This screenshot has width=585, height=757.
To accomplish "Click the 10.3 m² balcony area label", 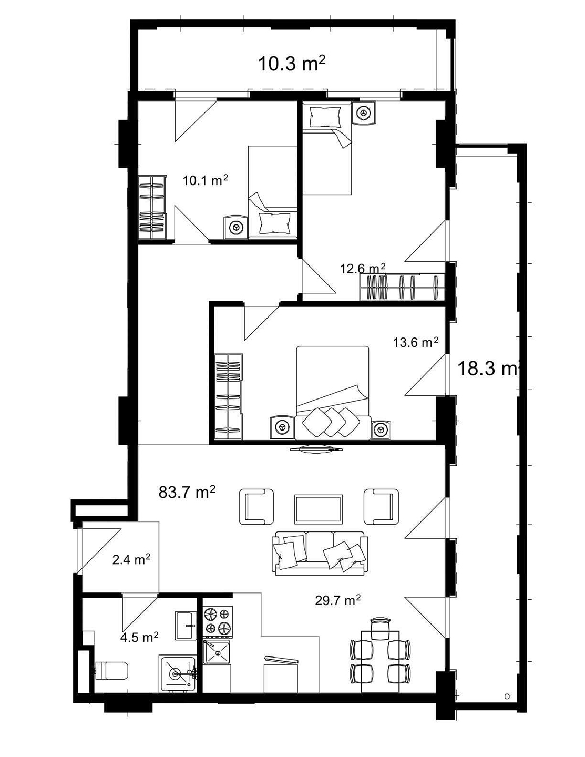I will point(291,64).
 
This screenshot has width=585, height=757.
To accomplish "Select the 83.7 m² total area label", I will point(187,493).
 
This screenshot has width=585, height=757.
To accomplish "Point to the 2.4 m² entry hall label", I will point(131,560).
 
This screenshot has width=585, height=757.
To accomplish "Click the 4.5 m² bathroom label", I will point(139,638).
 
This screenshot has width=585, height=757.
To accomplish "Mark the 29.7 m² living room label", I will point(337,600).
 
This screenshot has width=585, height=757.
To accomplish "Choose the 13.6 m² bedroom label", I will point(416,343).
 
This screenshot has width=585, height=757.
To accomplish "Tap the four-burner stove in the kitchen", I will point(218,621).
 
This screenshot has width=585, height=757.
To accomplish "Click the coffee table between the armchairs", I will point(319,508).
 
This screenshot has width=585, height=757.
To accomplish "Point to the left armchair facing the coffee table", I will point(256,506).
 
